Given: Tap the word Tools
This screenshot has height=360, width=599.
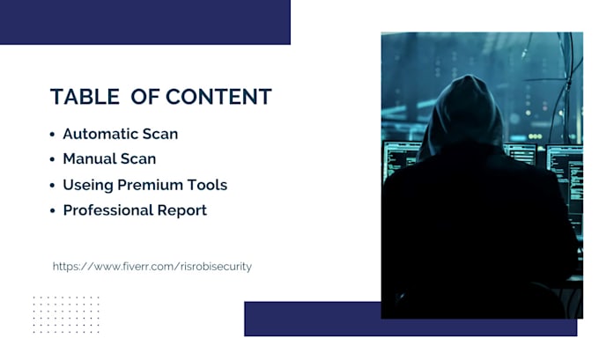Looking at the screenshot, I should tap(207, 185).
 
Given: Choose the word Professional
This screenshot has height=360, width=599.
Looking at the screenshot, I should tap(106, 210).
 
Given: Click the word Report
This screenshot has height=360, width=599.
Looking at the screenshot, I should tap(179, 211).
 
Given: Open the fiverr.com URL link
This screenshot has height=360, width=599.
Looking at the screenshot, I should tap(152, 266).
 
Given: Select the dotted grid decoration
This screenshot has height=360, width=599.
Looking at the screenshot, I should tap(66, 314).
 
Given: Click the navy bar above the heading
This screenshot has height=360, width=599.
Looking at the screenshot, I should tap(144, 22).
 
